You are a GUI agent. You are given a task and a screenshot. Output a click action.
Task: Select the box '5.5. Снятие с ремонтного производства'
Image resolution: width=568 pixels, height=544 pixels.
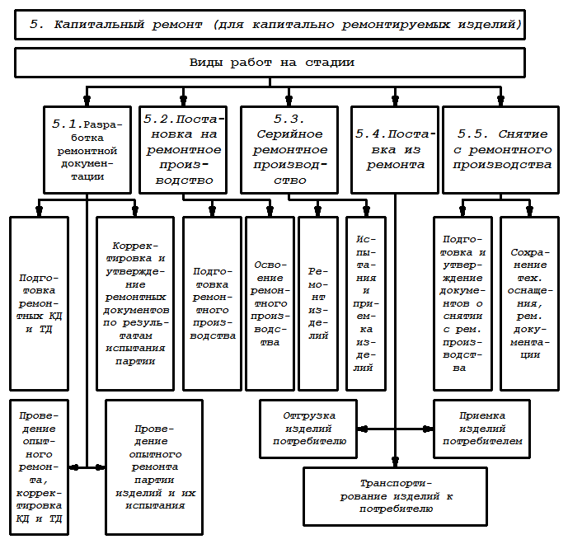[x=500, y=149]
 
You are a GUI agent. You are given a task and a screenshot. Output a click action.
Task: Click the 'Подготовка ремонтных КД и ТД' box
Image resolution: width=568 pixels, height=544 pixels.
[x=38, y=303]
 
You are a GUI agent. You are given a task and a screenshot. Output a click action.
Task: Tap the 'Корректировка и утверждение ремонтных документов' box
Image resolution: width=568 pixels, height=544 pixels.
[x=134, y=303]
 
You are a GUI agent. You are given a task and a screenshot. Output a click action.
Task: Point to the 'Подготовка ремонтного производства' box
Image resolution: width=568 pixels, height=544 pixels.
[x=212, y=303]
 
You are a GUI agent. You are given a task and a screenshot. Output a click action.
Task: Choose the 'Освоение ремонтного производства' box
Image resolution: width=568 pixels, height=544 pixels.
[x=270, y=303]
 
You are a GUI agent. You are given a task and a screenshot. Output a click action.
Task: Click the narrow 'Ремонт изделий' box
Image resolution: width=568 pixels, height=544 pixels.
[x=317, y=303]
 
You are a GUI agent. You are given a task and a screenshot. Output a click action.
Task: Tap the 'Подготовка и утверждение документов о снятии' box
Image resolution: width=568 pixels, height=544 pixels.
[x=462, y=303]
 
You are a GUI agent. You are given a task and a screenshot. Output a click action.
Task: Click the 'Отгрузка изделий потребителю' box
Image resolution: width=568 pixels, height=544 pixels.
[x=308, y=429]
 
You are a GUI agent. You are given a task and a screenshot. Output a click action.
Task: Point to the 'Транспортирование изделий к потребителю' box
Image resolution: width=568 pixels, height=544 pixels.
[x=396, y=496]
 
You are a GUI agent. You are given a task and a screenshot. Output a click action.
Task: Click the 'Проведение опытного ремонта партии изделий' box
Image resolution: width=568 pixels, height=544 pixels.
[x=153, y=467]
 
